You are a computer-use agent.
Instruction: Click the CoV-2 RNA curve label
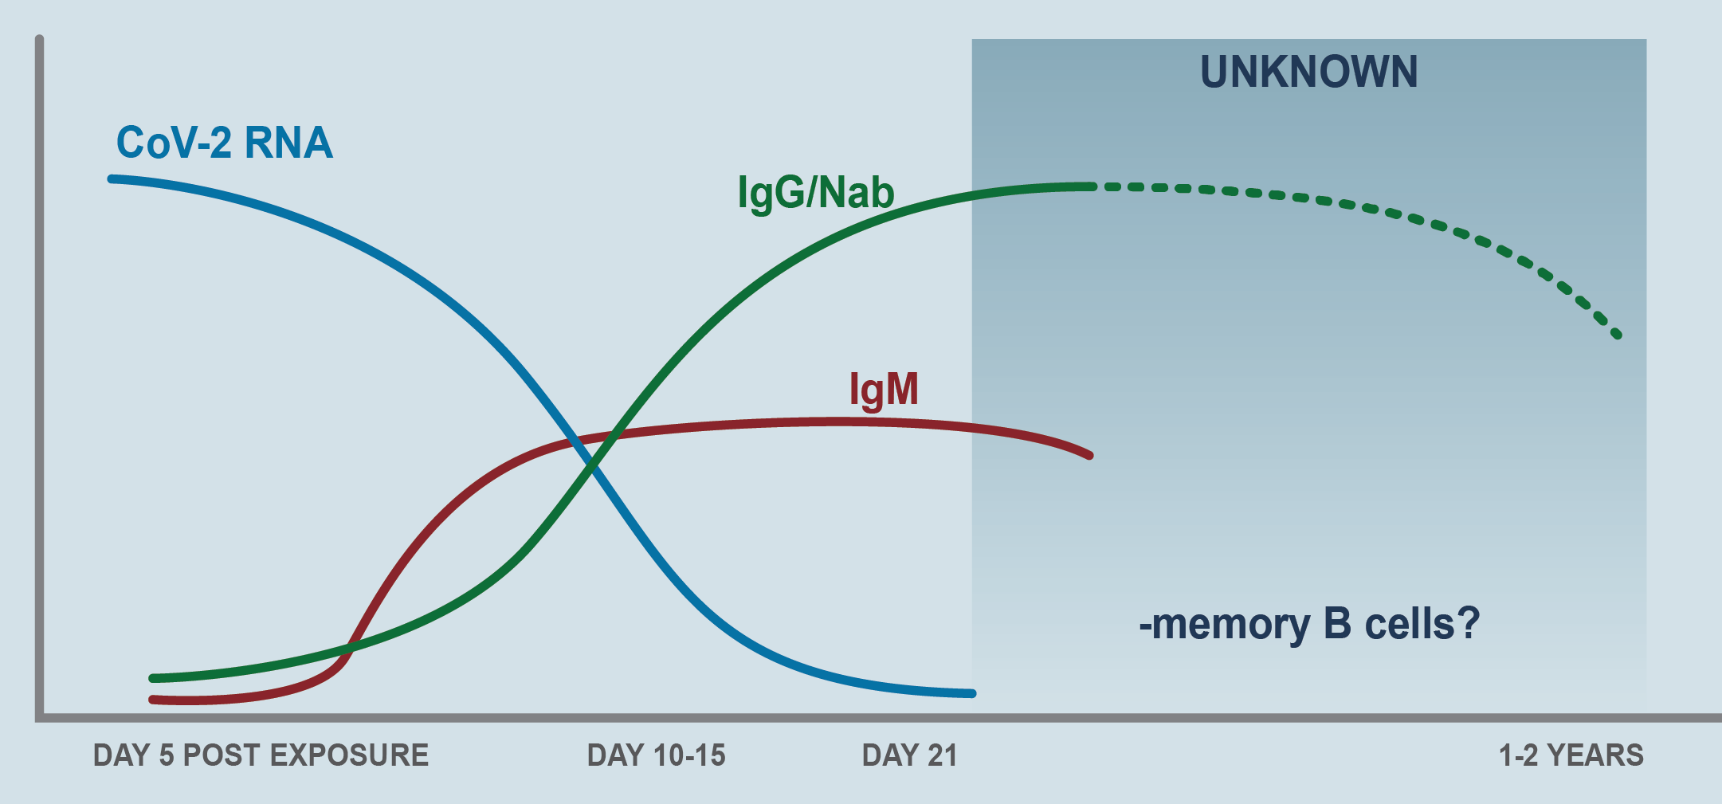[x=225, y=143]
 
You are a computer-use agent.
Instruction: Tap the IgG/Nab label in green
[x=816, y=194]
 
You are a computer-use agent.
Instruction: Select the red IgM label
[x=884, y=390]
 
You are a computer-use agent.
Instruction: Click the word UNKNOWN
[x=1308, y=72]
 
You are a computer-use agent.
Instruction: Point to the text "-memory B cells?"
[x=1309, y=623]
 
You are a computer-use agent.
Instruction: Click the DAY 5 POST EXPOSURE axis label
[x=261, y=755]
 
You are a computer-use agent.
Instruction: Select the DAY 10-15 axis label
[x=657, y=755]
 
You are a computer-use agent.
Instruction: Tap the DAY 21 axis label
[x=909, y=755]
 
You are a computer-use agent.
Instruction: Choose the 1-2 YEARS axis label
[x=1571, y=755]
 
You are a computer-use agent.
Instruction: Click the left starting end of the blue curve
[x=112, y=179]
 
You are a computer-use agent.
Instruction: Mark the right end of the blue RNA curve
[x=971, y=693]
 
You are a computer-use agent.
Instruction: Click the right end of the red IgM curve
[x=1089, y=455]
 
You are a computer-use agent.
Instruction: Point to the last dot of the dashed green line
[x=1617, y=334]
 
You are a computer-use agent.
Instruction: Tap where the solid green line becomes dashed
[x=1093, y=186]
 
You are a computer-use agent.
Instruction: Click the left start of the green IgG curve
[x=153, y=678]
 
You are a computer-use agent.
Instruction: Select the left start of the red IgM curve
[x=153, y=700]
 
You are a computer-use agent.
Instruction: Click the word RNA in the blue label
[x=288, y=143]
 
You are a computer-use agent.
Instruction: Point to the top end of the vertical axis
[x=39, y=38]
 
